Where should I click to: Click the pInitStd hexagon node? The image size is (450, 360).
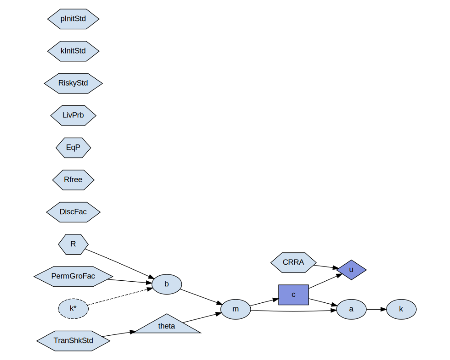(73, 19)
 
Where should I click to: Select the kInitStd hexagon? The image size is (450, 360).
(73, 51)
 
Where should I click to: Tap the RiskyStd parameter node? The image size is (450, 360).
(73, 83)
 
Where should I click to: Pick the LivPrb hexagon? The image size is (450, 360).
(73, 115)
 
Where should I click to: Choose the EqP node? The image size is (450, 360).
(73, 148)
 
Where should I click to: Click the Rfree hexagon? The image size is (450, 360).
(73, 180)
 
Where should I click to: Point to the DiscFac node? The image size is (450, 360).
(73, 212)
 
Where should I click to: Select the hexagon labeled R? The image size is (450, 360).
(73, 244)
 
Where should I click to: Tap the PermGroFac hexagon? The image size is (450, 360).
(73, 276)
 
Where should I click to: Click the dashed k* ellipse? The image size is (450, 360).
(73, 309)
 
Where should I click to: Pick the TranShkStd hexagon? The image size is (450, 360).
(73, 341)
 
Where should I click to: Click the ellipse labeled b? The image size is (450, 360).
(167, 284)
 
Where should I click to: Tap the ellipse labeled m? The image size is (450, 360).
(236, 309)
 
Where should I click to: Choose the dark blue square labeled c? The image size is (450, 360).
(293, 295)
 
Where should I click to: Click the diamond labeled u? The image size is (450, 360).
(351, 270)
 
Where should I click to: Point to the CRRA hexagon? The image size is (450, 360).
(293, 263)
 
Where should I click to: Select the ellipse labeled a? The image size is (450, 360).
(351, 309)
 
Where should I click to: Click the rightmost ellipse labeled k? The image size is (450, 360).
(401, 309)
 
